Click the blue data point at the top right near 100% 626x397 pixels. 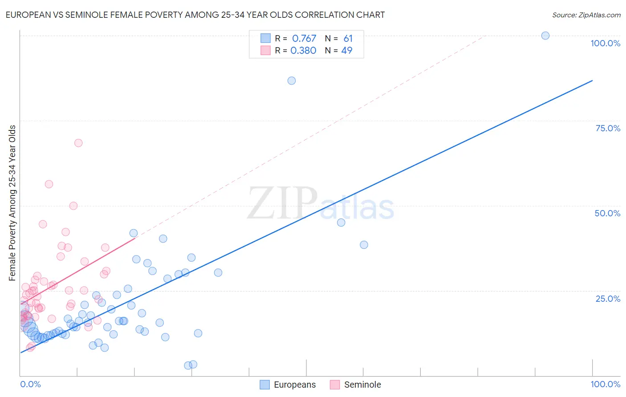coord(545,36)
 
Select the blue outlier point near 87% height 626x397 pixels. coord(292,81)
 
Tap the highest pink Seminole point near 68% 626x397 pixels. coord(78,143)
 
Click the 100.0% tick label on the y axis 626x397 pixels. coord(605,43)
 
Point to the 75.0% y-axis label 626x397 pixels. coord(608,128)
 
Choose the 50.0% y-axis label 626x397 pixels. coord(607,213)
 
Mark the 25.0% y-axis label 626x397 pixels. coord(608,298)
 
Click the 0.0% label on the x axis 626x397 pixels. coord(30,384)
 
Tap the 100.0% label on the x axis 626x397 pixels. coord(605,384)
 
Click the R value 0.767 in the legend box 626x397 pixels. coord(304,39)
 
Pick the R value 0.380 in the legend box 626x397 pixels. coord(303,51)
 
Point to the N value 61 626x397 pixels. coord(348,39)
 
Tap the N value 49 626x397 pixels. coord(346,51)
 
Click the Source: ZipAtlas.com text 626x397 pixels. coord(586,15)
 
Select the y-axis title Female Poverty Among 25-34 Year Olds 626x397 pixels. coord(12,203)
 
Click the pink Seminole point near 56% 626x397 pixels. coord(49,184)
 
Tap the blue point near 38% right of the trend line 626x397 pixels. coord(364,245)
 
